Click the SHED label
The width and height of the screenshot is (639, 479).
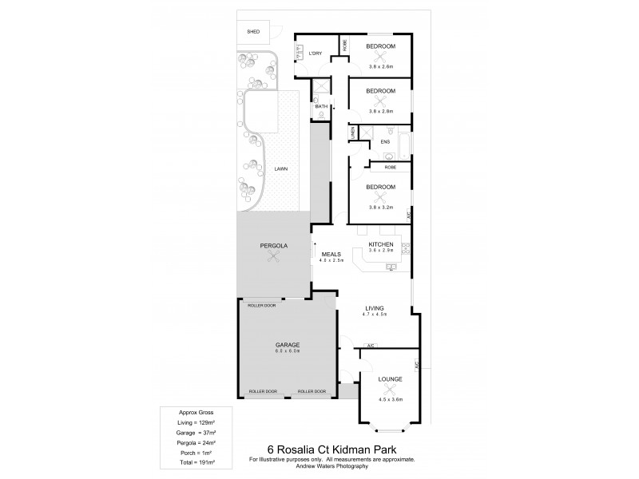click(x=253, y=32)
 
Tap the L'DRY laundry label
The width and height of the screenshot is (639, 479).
click(x=315, y=53)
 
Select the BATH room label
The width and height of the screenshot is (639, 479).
click(x=321, y=106)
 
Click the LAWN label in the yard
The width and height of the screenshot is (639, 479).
click(x=280, y=169)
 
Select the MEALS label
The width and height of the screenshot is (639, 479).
click(x=331, y=254)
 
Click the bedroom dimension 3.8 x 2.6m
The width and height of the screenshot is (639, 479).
click(x=381, y=66)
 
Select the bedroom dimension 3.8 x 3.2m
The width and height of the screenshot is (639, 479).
click(x=381, y=207)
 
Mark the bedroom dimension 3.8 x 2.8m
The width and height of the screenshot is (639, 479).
click(x=381, y=111)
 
